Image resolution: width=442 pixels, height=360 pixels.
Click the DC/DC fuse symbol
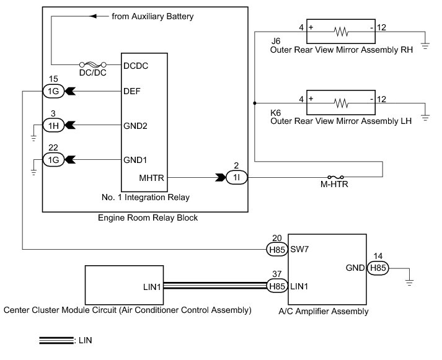click(93, 64)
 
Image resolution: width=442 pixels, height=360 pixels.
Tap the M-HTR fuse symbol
click(335, 177)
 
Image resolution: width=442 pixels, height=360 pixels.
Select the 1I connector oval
click(237, 177)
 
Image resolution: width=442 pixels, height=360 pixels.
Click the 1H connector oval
click(53, 125)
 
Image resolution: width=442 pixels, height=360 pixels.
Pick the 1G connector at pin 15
click(53, 91)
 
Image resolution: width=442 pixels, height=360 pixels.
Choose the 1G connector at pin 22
click(53, 160)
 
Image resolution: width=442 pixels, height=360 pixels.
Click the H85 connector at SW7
click(277, 249)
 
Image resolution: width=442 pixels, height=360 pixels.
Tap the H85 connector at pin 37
click(277, 286)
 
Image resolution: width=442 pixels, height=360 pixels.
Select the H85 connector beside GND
click(378, 268)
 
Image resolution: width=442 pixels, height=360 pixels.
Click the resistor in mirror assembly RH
click(341, 32)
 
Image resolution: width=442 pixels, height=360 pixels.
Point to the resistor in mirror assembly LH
click(341, 103)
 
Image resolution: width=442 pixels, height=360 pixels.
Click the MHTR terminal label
click(151, 178)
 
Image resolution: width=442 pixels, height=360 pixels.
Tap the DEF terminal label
click(131, 91)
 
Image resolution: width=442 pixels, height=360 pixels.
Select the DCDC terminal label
click(136, 66)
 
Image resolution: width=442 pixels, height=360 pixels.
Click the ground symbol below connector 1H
click(33, 138)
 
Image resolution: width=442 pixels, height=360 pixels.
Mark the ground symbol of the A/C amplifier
click(409, 283)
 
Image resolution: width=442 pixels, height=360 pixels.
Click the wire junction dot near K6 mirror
click(255, 103)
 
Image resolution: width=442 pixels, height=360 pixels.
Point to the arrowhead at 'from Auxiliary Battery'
click(93, 16)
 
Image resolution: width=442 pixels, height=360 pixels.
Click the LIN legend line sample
click(56, 340)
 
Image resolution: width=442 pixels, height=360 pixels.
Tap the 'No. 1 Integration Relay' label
click(146, 197)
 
